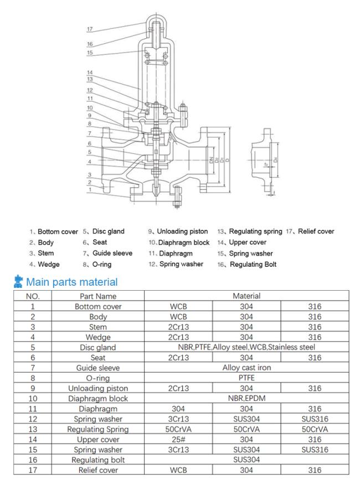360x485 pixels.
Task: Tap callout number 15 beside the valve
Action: coord(90,53)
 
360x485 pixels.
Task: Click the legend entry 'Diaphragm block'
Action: coord(178,242)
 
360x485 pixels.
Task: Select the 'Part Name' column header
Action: coord(98,297)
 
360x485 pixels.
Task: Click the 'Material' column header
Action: coord(246,297)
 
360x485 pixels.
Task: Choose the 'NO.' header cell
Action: coord(32,297)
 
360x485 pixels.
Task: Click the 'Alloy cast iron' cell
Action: coord(246,367)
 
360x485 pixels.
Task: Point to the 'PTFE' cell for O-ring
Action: coord(246,378)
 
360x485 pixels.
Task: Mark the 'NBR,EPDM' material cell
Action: coord(246,398)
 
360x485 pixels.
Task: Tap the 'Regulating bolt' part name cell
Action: coord(98,460)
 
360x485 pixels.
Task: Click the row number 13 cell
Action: coord(32,429)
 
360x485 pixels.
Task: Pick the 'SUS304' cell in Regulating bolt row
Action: coord(246,460)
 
